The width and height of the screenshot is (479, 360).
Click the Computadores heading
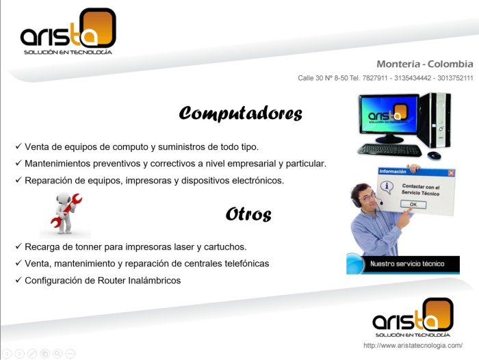(x=241, y=114)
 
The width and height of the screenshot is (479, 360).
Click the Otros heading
(x=248, y=214)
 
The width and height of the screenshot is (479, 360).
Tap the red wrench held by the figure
(x=66, y=210)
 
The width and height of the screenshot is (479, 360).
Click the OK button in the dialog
(x=413, y=205)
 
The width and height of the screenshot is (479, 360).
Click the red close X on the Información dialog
(x=451, y=173)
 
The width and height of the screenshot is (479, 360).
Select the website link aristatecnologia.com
(x=413, y=346)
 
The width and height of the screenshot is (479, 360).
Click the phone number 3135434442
(x=413, y=78)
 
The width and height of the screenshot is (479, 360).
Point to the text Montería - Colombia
(x=425, y=64)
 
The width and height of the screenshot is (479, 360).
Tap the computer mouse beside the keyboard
(x=434, y=155)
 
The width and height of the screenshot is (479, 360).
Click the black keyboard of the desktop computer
(x=390, y=150)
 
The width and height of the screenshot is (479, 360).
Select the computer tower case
(x=436, y=120)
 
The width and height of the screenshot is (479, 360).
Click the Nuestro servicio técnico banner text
(x=407, y=263)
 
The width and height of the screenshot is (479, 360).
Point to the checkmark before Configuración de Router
(x=18, y=279)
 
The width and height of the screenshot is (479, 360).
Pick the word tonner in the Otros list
(x=88, y=247)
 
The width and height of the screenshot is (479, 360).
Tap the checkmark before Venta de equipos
(x=18, y=146)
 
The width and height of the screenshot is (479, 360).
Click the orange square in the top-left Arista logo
(x=99, y=27)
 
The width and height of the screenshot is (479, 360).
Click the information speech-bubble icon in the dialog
(x=387, y=187)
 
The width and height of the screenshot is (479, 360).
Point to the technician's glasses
(x=368, y=197)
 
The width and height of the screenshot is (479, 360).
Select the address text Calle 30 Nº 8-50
(x=323, y=78)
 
